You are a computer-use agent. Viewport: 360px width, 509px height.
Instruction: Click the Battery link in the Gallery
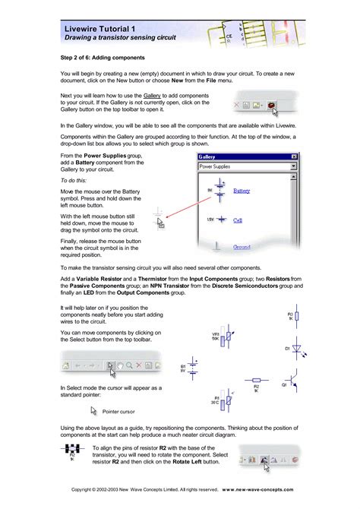[x=242, y=191]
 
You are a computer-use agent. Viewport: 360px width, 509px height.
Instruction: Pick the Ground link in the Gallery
[x=242, y=247]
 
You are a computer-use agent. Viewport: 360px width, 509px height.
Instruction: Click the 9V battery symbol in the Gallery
[x=218, y=191]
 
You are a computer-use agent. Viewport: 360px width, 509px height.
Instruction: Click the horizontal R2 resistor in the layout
[x=257, y=380]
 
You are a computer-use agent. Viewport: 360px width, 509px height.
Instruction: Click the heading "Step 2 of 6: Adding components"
[x=109, y=56]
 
